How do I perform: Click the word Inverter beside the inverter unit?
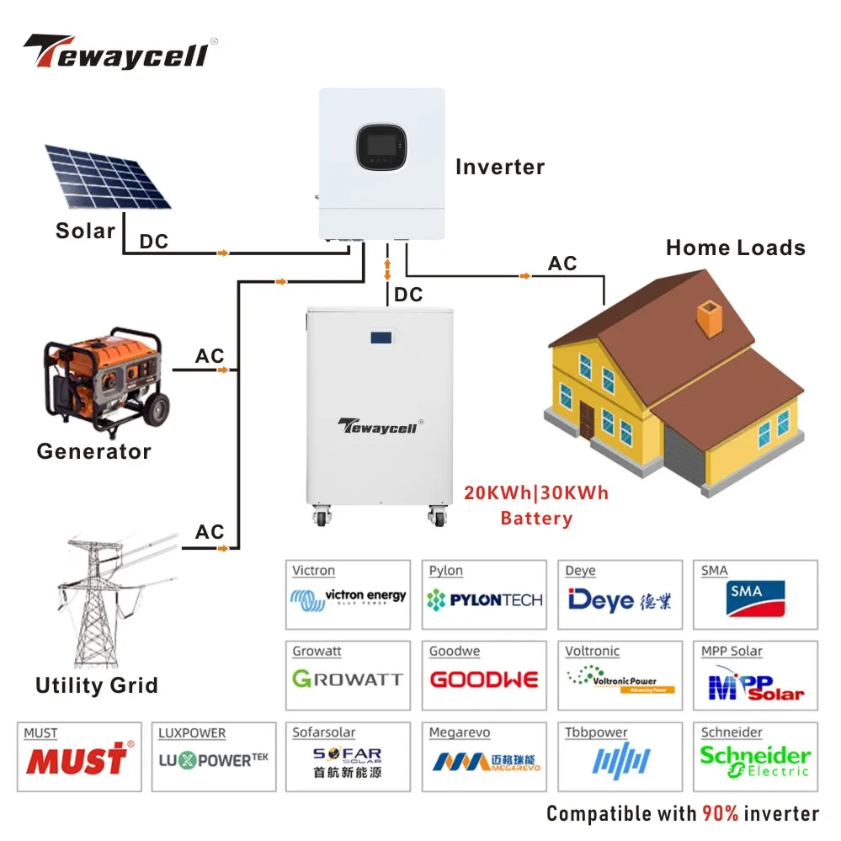(x=500, y=167)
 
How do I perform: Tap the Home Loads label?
(x=735, y=248)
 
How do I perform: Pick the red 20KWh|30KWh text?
(x=535, y=492)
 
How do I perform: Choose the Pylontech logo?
(x=484, y=600)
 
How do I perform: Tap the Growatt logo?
(x=348, y=679)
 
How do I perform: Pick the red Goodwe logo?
(x=484, y=679)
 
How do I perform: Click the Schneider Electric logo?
(x=755, y=760)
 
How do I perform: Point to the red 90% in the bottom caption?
(x=722, y=813)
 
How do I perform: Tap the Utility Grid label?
(x=96, y=685)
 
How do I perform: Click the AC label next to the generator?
(x=210, y=355)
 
